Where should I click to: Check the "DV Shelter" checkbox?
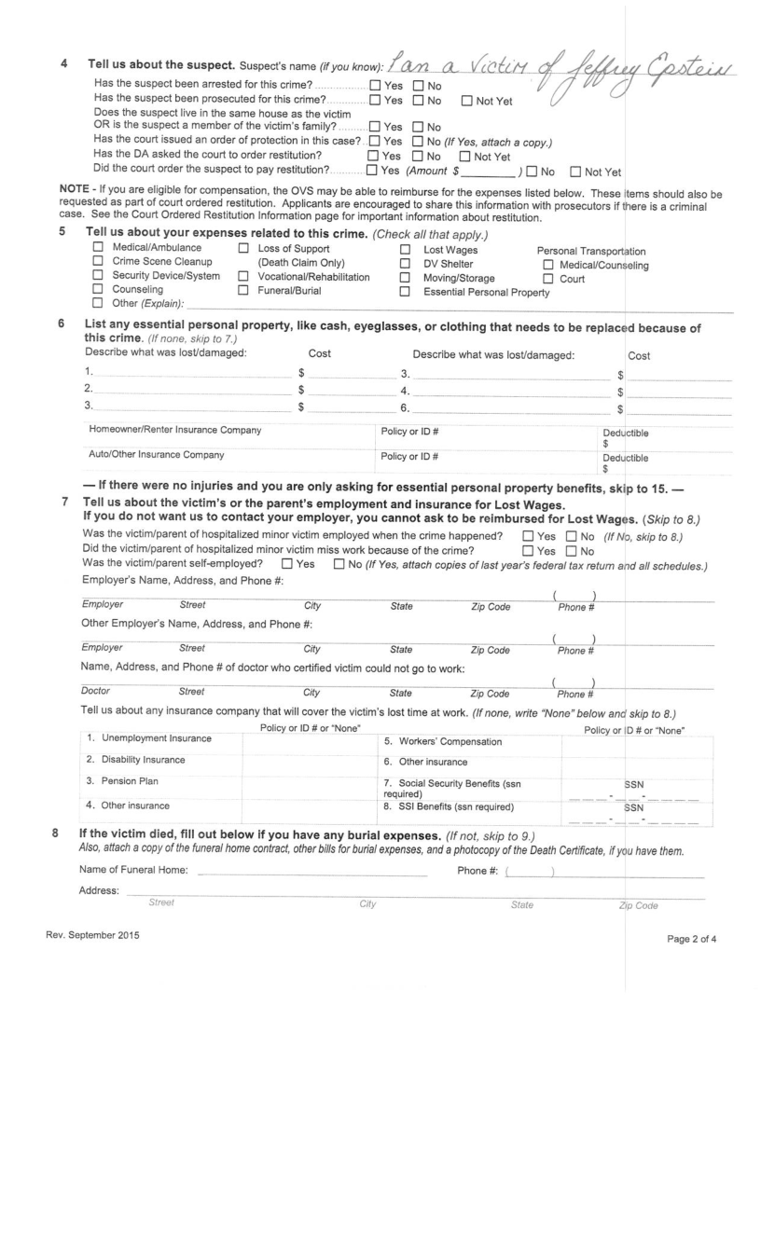[x=405, y=262]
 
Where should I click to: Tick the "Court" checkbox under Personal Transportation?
[x=548, y=277]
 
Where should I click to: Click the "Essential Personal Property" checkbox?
[x=405, y=291]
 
